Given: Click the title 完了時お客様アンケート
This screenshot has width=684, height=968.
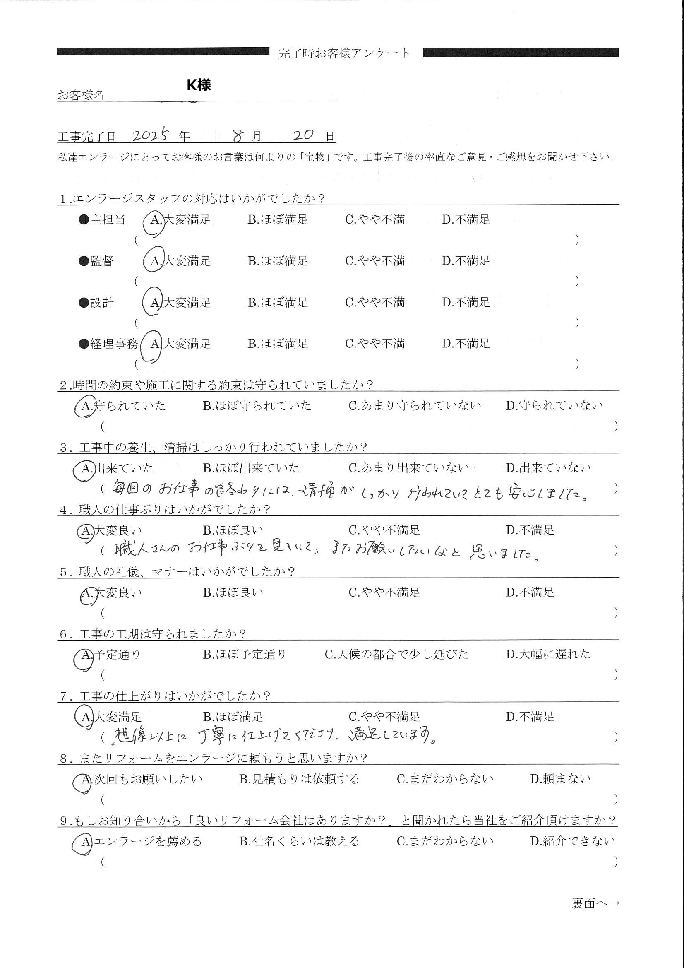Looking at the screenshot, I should tap(344, 53).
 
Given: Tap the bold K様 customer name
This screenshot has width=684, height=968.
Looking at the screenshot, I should tap(199, 85).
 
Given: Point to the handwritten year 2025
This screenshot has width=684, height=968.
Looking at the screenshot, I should tap(151, 135).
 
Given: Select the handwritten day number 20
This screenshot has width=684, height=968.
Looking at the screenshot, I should tap(303, 135).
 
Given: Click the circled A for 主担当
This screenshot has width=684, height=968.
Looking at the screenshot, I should tap(155, 220).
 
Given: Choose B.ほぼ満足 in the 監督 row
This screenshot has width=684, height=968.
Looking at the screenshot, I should tap(278, 261).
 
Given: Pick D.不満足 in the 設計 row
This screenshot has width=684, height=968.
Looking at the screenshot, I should tap(466, 302).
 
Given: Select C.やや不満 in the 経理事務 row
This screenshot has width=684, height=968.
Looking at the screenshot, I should tap(374, 344).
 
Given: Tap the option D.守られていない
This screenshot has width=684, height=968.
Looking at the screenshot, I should tap(554, 406).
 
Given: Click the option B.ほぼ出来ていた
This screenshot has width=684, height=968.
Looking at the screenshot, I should tap(251, 468).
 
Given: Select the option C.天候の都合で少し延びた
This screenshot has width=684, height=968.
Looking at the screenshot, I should tap(396, 654).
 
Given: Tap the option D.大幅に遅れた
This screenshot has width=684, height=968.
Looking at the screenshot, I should tap(548, 654).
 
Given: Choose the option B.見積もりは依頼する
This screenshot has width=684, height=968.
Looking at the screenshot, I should tap(299, 779).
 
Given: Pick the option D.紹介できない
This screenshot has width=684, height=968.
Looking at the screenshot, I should tap(572, 841).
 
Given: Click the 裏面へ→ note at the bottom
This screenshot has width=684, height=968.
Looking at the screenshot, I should tap(595, 903).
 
